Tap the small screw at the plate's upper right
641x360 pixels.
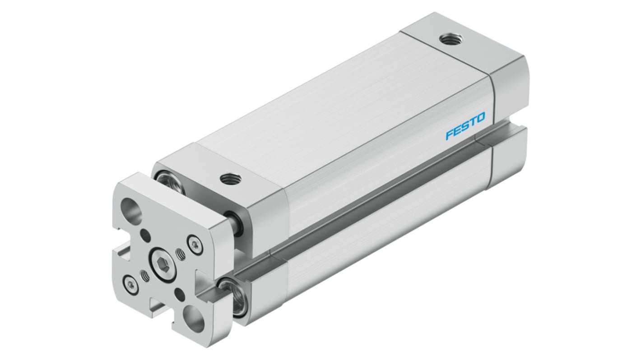(195, 244)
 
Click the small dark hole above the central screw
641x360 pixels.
(145, 235)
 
